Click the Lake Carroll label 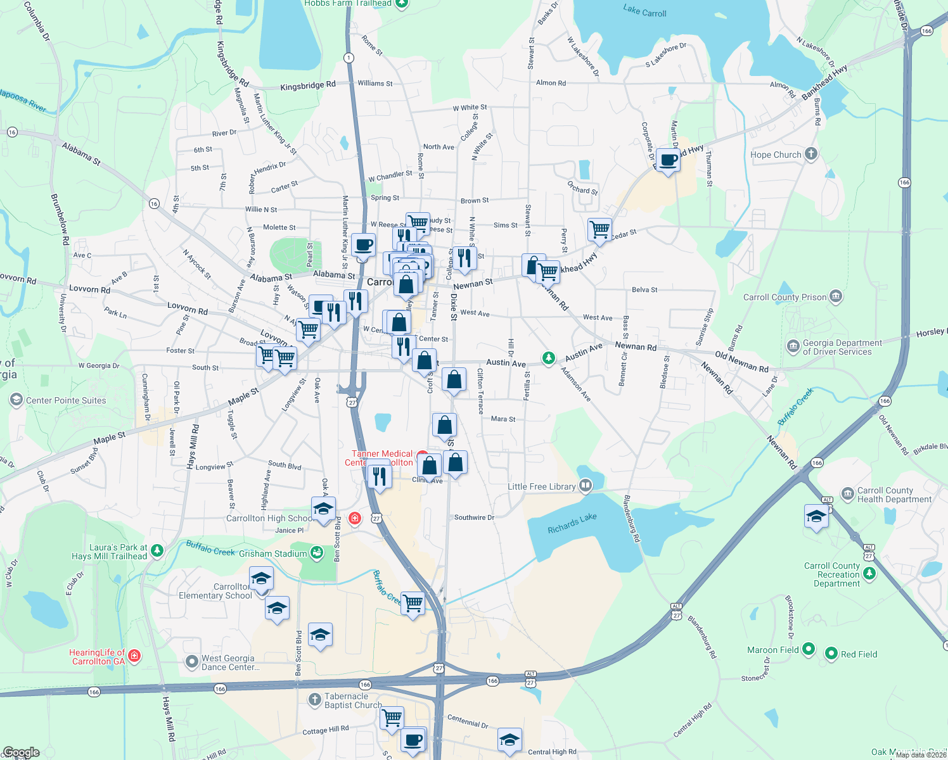(644, 11)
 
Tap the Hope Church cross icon (811, 154)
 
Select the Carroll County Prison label (785, 297)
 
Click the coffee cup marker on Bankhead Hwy (668, 160)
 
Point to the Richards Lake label (572, 522)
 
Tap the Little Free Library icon (586, 486)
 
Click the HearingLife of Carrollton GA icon (134, 656)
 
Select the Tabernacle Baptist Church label (352, 700)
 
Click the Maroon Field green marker (809, 649)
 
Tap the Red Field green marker (831, 654)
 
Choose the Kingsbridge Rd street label (308, 85)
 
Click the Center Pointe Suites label (66, 400)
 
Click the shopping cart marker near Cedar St (599, 229)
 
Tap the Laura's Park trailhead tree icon (157, 551)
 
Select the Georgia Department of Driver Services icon (793, 346)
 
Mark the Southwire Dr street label (474, 517)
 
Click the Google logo (21, 752)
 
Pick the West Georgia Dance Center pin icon (191, 662)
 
